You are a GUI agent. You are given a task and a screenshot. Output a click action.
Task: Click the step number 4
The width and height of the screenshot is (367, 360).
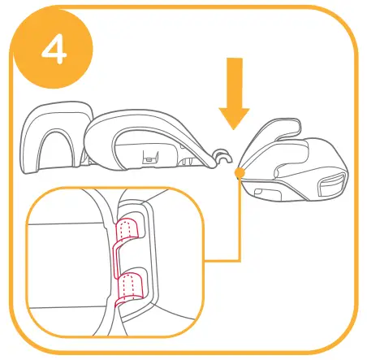click(50, 50)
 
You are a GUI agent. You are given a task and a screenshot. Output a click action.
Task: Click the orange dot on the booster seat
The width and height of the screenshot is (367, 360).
click(238, 173)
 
